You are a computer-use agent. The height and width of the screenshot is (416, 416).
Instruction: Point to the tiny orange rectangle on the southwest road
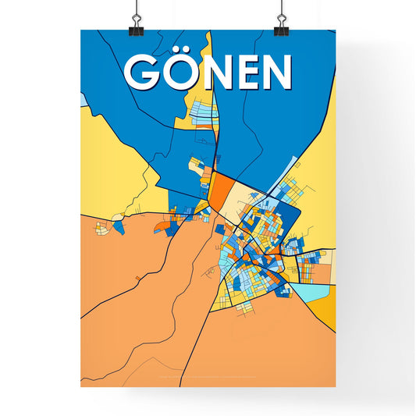click(138, 278)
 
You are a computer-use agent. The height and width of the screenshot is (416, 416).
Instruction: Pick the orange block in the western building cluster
click(161, 226)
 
